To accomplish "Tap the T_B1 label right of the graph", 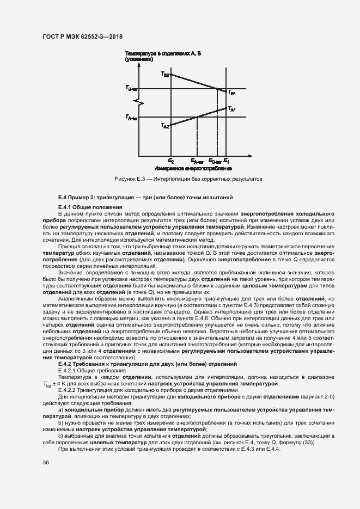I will click(231, 93).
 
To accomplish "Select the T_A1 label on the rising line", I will click(231, 109).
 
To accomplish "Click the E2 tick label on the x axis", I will click(171, 161).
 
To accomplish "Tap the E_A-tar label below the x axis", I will click(197, 161).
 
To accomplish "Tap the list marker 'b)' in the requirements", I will click(60, 421).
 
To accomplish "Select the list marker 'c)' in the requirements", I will click(60, 436).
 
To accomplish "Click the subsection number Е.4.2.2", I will click(69, 390).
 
